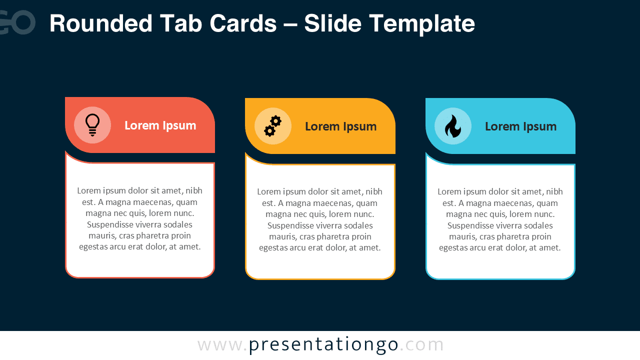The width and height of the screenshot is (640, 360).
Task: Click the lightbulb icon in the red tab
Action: (x=92, y=125)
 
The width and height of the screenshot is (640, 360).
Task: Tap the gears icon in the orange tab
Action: (x=272, y=126)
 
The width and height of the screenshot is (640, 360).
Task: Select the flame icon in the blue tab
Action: (x=453, y=126)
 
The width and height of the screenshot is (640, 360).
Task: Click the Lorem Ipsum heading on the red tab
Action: (x=160, y=125)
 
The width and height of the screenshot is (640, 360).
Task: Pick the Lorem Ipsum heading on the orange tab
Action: (x=340, y=126)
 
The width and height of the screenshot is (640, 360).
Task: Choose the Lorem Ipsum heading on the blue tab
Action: (x=520, y=126)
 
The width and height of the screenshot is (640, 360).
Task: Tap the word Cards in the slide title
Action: (x=242, y=23)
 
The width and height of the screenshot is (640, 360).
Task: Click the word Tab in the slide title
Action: (x=181, y=23)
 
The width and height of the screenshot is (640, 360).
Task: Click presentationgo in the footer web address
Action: (x=324, y=345)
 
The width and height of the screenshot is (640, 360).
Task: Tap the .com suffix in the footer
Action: (x=422, y=345)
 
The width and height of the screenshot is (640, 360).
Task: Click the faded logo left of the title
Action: (x=17, y=22)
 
